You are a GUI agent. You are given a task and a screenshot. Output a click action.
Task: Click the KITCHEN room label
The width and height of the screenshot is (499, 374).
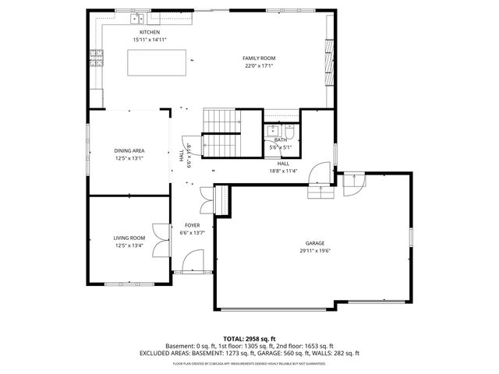[150, 32]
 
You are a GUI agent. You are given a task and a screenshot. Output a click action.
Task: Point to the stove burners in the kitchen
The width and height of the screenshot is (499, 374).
[97, 55]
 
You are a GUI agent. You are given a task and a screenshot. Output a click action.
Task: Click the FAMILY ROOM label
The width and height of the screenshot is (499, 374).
[259, 58]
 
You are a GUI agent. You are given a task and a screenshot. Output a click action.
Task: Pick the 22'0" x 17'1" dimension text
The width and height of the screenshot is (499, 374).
[259, 65]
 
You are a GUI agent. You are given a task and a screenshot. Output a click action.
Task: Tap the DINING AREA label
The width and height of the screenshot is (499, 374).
[129, 150]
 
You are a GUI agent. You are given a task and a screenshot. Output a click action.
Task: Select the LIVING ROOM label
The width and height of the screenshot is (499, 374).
[129, 238]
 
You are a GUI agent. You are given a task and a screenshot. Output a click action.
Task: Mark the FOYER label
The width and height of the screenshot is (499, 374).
[192, 224]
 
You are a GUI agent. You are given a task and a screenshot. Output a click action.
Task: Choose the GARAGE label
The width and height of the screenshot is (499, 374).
[315, 244]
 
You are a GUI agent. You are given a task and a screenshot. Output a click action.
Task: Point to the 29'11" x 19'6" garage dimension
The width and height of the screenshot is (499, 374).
[315, 251]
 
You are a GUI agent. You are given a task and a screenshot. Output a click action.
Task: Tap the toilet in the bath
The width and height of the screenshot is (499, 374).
[289, 131]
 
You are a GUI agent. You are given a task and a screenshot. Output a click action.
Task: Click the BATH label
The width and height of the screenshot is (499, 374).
[280, 139]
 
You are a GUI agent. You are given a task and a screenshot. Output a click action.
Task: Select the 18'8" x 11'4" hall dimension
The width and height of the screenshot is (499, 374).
[284, 171]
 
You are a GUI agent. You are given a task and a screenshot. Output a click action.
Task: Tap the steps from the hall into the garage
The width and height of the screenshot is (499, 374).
[317, 189]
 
